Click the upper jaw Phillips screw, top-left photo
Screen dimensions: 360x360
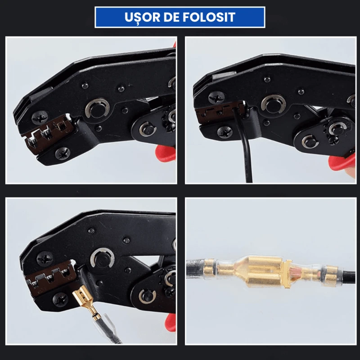tap(40, 117)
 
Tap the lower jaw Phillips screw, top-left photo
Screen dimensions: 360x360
tap(63, 153)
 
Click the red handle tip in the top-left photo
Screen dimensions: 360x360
tap(166, 152)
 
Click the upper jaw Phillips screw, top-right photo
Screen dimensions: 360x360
tap(216, 98)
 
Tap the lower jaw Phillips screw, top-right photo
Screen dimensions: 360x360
tap(225, 132)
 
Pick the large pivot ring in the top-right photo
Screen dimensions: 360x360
tap(273, 104)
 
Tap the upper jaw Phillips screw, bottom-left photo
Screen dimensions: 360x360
tap(45, 258)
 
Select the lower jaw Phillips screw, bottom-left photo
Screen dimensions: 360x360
tap(60, 299)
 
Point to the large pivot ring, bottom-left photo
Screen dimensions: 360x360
tap(102, 259)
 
